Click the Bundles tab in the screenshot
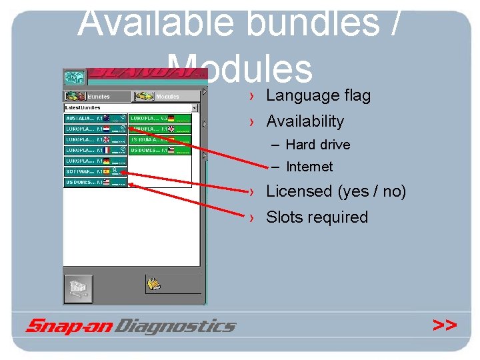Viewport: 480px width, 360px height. pyautogui.click(x=95, y=97)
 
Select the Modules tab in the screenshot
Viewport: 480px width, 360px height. pyautogui.click(x=161, y=97)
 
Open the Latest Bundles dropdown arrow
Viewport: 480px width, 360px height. pyautogui.click(x=194, y=107)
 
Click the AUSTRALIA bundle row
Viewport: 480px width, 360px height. pyautogui.click(x=95, y=118)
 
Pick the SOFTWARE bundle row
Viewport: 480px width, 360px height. pyautogui.click(x=95, y=171)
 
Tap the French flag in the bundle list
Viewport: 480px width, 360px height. pyautogui.click(x=107, y=150)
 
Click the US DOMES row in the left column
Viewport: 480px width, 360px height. pyautogui.click(x=95, y=182)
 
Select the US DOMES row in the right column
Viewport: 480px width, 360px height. pyautogui.click(x=160, y=150)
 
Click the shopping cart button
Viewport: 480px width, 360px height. pyautogui.click(x=78, y=288)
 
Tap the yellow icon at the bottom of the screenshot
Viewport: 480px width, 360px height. pyautogui.click(x=153, y=283)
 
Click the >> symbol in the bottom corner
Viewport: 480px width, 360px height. pyautogui.click(x=445, y=325)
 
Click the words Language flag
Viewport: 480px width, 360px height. pyautogui.click(x=318, y=95)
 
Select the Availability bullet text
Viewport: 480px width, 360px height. pyautogui.click(x=305, y=121)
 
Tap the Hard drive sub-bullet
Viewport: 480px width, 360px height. pyautogui.click(x=317, y=145)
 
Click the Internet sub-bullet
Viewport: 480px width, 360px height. pyautogui.click(x=309, y=167)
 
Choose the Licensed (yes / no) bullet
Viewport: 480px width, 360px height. pyautogui.click(x=336, y=191)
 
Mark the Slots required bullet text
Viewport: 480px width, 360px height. pyautogui.click(x=317, y=217)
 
